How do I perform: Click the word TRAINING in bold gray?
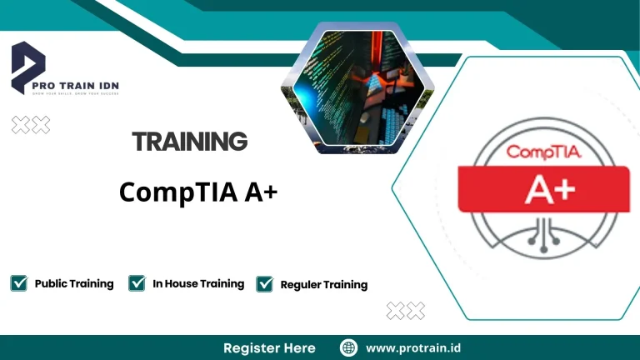tap(190, 142)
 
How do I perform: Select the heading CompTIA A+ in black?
tap(198, 192)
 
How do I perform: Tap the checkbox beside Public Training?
tap(18, 283)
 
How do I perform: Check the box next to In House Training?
tap(137, 283)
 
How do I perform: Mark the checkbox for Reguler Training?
tap(265, 284)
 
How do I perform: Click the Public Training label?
tap(74, 283)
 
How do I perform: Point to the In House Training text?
tap(198, 283)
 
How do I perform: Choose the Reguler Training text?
tap(324, 284)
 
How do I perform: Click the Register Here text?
tap(269, 347)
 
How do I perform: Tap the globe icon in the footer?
tap(349, 347)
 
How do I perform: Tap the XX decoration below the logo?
tap(31, 125)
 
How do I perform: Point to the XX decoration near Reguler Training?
tap(406, 311)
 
